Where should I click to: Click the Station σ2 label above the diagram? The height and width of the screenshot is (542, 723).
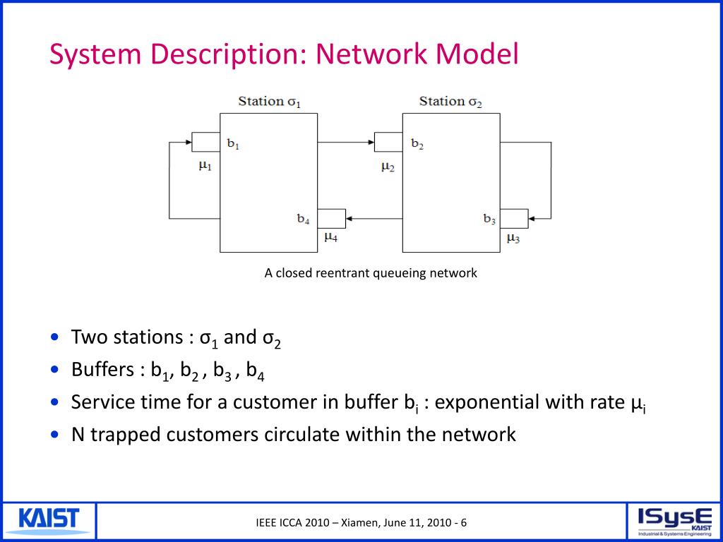point(450,102)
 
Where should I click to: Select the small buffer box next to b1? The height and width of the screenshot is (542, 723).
point(205,142)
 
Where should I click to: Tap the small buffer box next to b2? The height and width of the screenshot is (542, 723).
point(388,142)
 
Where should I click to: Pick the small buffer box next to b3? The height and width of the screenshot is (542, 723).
point(514,219)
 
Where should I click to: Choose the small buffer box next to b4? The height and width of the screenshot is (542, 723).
point(331,219)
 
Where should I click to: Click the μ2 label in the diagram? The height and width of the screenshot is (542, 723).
point(388,167)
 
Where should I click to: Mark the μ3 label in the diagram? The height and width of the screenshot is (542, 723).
point(513,239)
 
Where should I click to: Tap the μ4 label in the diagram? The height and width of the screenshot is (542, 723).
point(330,237)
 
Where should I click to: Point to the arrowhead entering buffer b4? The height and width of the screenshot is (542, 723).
point(349,219)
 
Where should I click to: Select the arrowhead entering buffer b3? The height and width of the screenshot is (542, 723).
point(532,219)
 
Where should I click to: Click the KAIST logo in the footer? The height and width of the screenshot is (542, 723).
point(49,520)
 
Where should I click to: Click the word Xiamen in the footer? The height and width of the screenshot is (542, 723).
point(360,523)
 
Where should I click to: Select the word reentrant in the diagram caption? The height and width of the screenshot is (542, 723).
point(335,273)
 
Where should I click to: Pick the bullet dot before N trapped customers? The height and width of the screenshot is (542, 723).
point(56,434)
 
